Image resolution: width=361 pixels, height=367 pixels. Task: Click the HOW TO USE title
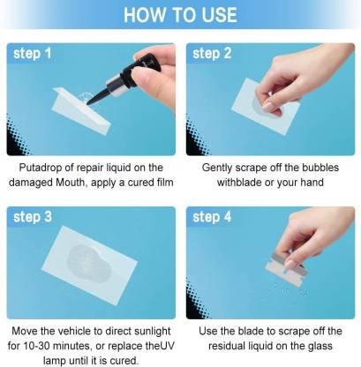click(x=180, y=15)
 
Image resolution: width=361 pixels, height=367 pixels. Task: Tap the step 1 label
click(x=33, y=54)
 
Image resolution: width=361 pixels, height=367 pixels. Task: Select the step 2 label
click(x=212, y=54)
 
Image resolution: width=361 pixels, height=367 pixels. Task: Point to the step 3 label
click(x=33, y=217)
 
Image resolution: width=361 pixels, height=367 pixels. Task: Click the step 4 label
click(x=212, y=217)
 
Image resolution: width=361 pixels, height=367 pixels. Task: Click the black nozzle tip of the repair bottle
click(x=88, y=103)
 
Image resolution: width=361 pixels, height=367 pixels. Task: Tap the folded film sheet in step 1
click(x=81, y=110)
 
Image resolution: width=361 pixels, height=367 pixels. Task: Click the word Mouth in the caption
click(x=71, y=183)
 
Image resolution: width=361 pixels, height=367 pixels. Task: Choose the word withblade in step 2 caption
click(x=239, y=183)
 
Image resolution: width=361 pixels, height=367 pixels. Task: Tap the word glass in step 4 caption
click(x=320, y=346)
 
